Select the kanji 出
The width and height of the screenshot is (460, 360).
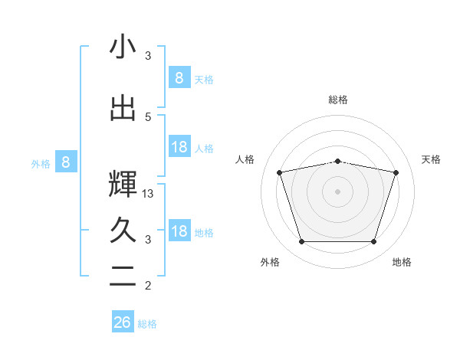click(123, 108)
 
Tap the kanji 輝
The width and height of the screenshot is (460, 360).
click(123, 184)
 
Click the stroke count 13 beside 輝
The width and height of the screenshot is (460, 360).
click(149, 194)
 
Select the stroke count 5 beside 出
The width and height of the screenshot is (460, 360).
click(149, 116)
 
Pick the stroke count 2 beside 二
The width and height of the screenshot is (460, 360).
click(149, 286)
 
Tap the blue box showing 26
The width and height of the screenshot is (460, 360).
click(123, 322)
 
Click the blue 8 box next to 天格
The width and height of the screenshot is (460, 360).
click(179, 77)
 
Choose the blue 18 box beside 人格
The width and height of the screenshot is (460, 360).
click(179, 147)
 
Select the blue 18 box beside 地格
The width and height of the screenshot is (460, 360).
click(179, 231)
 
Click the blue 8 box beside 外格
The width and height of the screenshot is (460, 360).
click(66, 162)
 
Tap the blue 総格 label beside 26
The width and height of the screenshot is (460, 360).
click(147, 324)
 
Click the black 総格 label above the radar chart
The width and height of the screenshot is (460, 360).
click(337, 100)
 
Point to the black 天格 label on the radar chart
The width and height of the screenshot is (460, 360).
click(431, 159)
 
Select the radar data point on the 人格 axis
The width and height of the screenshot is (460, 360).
click(279, 172)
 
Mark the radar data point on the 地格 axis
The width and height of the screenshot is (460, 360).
click(373, 242)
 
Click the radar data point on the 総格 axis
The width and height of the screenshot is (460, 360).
click(337, 161)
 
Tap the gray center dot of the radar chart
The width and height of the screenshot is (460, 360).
click(337, 191)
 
